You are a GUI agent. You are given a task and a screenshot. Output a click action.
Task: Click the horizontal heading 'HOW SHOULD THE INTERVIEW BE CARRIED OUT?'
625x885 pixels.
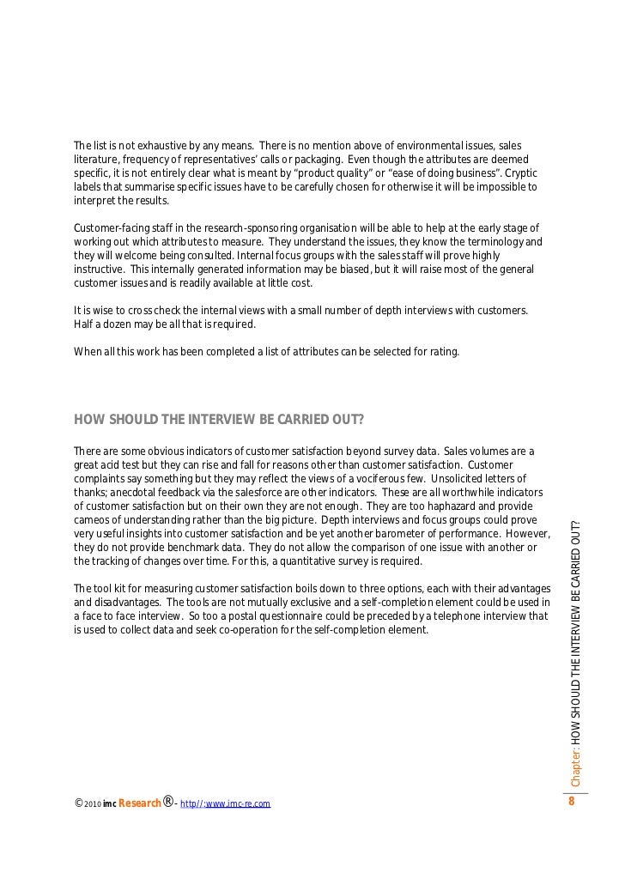click(x=219, y=420)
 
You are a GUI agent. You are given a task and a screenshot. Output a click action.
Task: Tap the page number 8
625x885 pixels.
click(x=570, y=802)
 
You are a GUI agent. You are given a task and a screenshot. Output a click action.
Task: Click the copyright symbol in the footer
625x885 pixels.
click(x=79, y=803)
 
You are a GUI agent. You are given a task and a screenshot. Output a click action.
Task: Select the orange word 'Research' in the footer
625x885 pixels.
click(x=139, y=803)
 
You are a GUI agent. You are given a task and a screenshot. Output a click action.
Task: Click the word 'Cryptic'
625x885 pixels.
click(x=519, y=173)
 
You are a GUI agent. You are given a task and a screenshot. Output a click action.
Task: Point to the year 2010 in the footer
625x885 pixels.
click(x=94, y=804)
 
